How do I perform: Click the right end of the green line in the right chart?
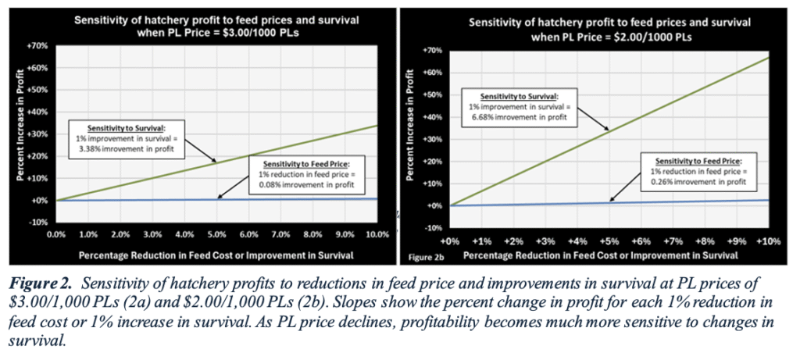tap(779, 57)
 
